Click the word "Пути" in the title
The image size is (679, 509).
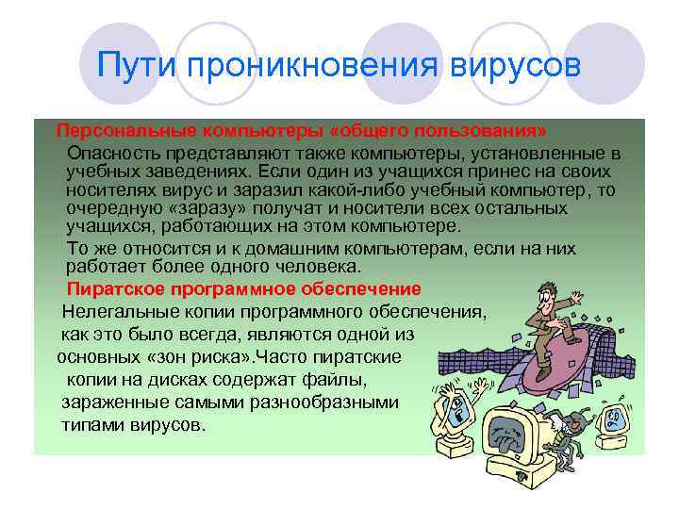tap(139, 67)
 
